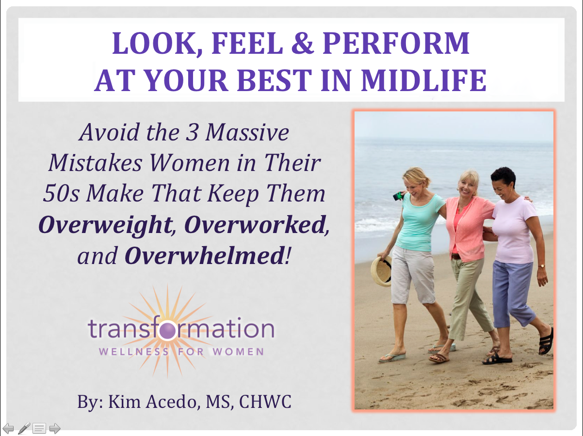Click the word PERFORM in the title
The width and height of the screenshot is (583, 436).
click(396, 43)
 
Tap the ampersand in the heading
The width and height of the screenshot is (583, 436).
click(303, 43)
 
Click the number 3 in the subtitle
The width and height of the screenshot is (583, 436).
click(192, 132)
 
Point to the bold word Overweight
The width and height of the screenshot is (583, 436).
click(105, 225)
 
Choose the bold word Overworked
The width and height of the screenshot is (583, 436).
click(255, 225)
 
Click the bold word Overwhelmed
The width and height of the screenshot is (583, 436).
click(204, 256)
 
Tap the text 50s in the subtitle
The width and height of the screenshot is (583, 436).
click(61, 193)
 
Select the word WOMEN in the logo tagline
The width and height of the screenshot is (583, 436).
click(238, 352)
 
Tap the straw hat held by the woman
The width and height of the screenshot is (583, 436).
click(381, 271)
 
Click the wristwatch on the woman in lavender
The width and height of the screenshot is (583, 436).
click(541, 266)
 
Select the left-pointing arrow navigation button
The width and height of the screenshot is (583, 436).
click(8, 428)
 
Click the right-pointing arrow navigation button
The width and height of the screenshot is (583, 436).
click(55, 428)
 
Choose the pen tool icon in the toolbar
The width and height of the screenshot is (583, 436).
click(24, 428)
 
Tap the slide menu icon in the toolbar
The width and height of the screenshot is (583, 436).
click(39, 428)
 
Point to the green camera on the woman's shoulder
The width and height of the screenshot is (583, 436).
click(398, 196)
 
